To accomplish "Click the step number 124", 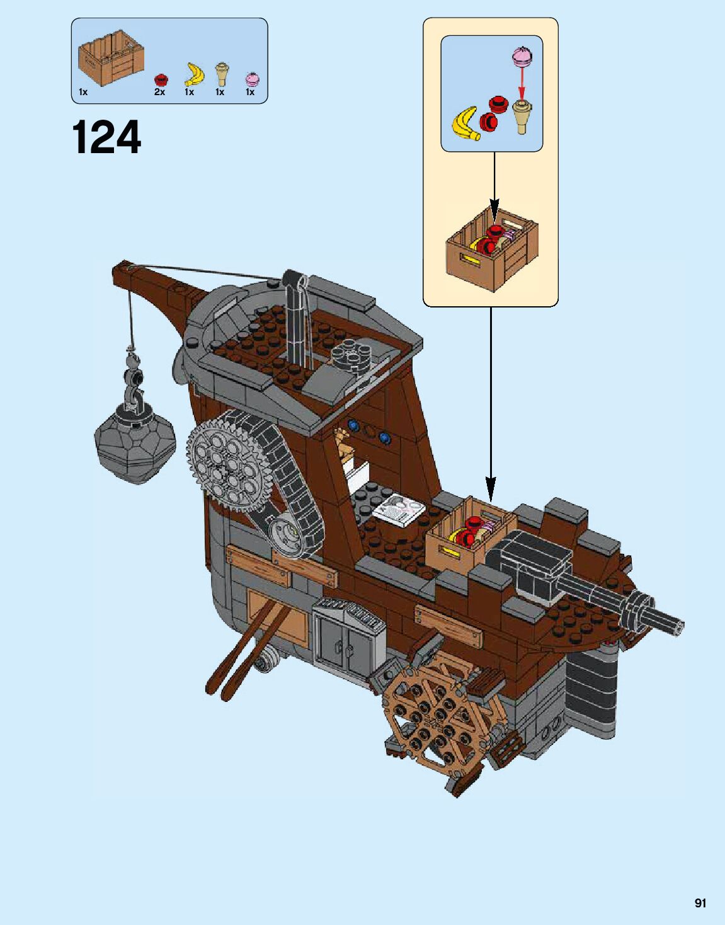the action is point(107,138).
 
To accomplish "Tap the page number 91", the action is point(700,903).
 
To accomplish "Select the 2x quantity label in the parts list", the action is point(159,92).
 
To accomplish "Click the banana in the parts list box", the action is point(194,74).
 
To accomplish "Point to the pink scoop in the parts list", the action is point(252,79).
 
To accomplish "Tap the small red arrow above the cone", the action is point(521,82).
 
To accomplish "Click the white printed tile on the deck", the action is point(399,509).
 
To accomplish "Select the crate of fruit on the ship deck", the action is point(470,533).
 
